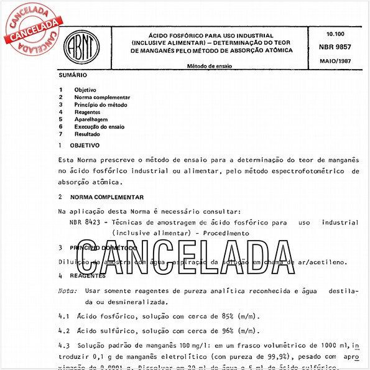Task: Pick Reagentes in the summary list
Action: tap(88, 112)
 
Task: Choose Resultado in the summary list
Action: tap(87, 134)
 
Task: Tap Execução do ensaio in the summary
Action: tap(99, 126)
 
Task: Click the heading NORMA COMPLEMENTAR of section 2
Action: tap(108, 197)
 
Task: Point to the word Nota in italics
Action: tap(67, 290)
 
